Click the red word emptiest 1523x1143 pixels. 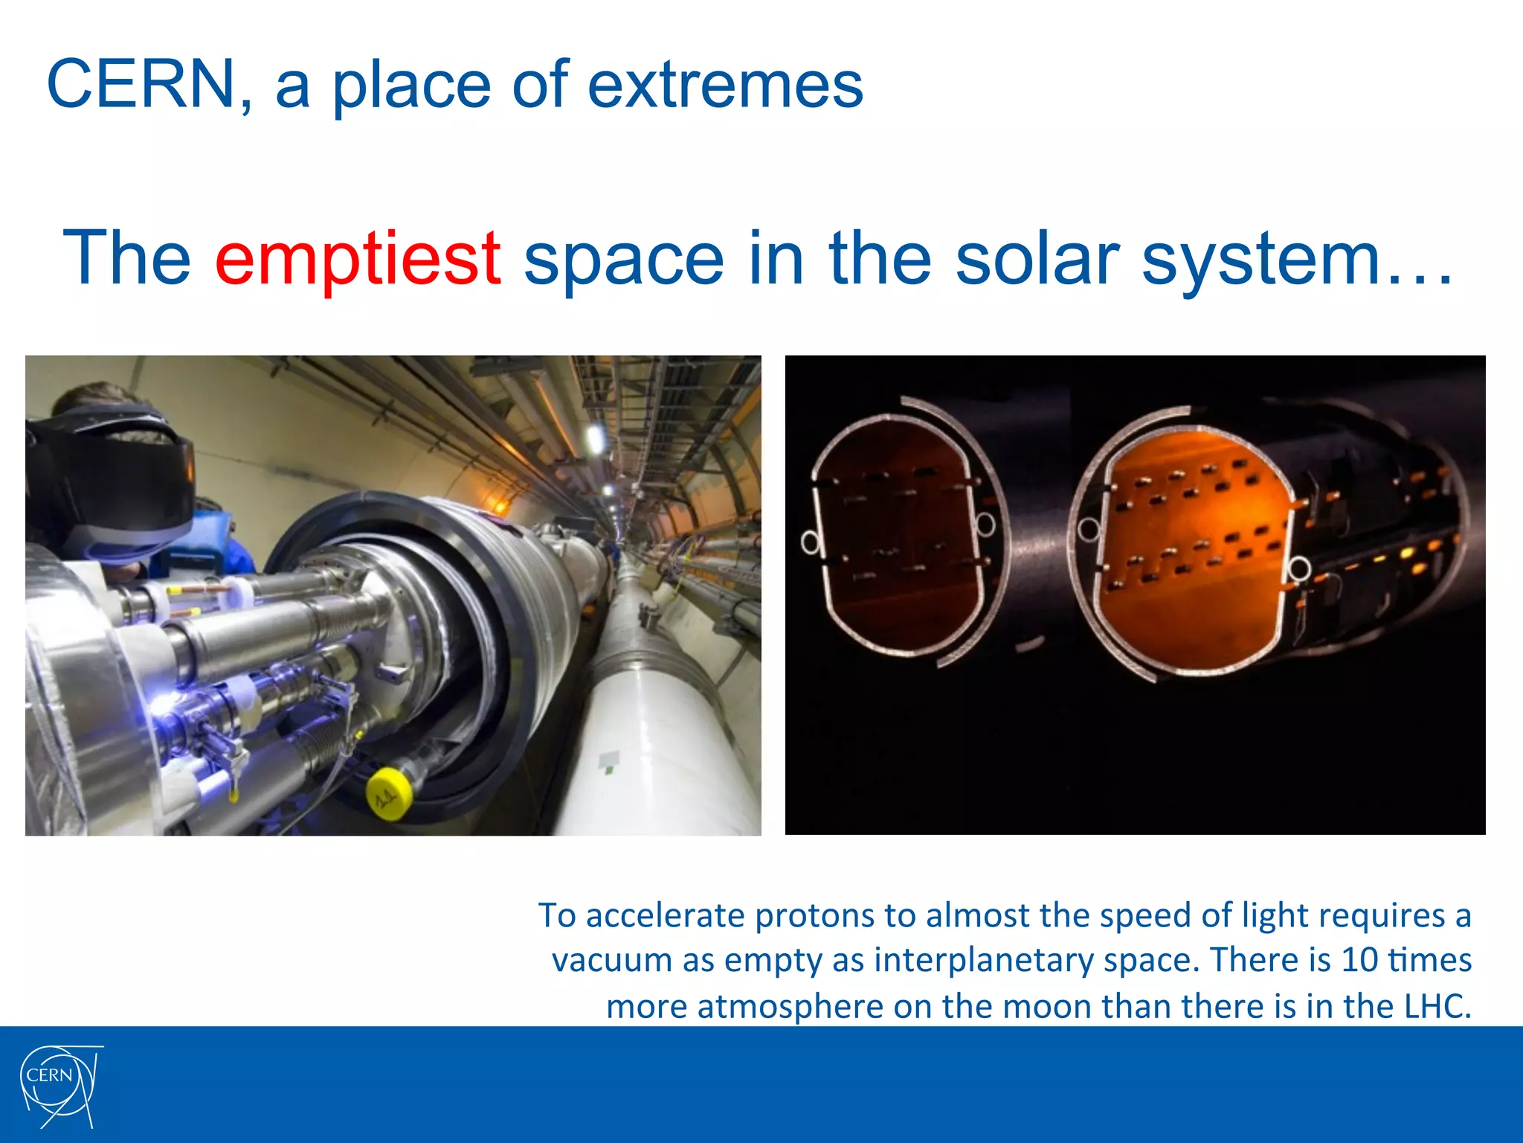tap(357, 259)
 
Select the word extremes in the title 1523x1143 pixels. tap(725, 85)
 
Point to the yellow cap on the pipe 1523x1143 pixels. tap(389, 794)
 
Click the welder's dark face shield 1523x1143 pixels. tap(126, 476)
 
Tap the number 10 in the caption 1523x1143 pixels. tap(1359, 960)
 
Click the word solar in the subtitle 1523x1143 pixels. tap(1037, 259)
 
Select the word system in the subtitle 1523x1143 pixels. tap(1260, 259)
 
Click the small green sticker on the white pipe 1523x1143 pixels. tap(608, 761)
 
